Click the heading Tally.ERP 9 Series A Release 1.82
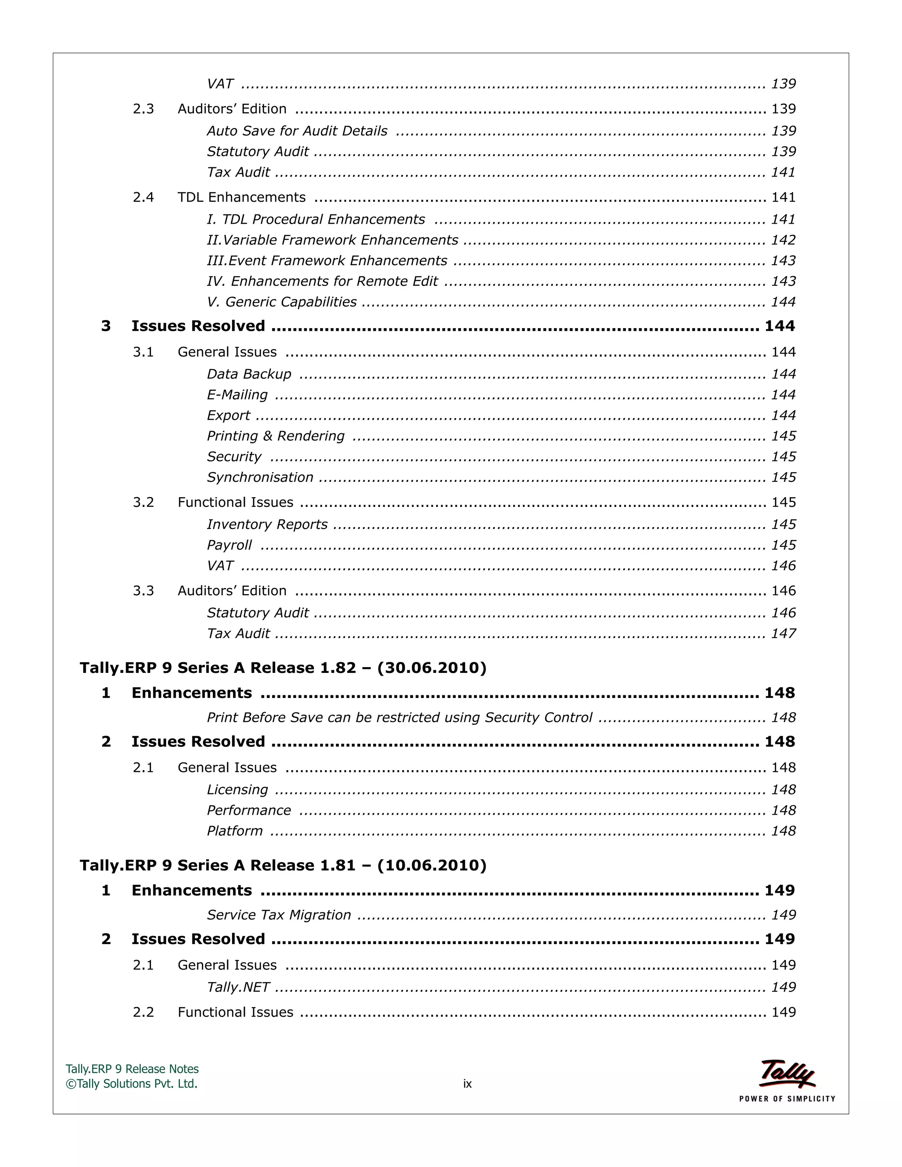point(283,668)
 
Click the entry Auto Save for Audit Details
point(297,131)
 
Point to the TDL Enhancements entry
point(241,197)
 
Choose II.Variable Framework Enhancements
point(333,240)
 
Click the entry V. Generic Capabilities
point(281,302)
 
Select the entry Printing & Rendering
point(276,436)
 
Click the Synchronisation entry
point(260,477)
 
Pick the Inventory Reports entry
point(267,524)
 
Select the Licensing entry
point(237,789)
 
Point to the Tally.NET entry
point(238,987)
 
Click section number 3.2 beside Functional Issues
point(143,502)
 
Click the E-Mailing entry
point(237,395)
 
